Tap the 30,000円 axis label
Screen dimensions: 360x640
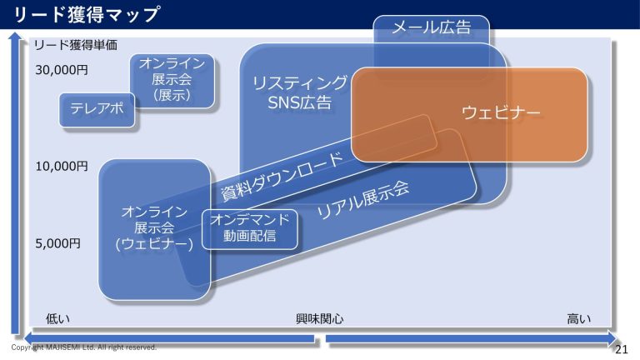(x=61, y=71)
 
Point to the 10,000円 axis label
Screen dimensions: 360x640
(x=61, y=167)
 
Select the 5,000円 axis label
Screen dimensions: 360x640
(x=57, y=243)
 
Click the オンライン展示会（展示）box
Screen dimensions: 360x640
(x=172, y=80)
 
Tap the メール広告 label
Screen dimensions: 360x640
(x=431, y=28)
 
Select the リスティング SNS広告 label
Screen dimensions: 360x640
(x=300, y=92)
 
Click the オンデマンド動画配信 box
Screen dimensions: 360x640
(x=249, y=228)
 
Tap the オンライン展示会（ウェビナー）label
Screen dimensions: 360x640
(x=154, y=227)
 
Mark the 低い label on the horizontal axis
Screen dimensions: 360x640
(x=57, y=318)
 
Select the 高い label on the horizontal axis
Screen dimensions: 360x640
(x=578, y=318)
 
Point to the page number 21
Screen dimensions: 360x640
(x=621, y=349)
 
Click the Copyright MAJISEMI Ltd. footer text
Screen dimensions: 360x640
(x=83, y=347)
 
